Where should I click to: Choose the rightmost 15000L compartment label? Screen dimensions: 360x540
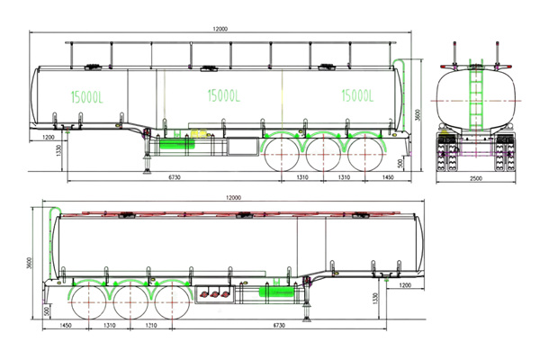click(x=357, y=94)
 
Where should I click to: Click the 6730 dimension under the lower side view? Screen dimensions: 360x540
click(x=275, y=325)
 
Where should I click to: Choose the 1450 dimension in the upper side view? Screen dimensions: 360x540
click(x=388, y=177)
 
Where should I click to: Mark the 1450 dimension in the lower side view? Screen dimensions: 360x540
click(x=66, y=325)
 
